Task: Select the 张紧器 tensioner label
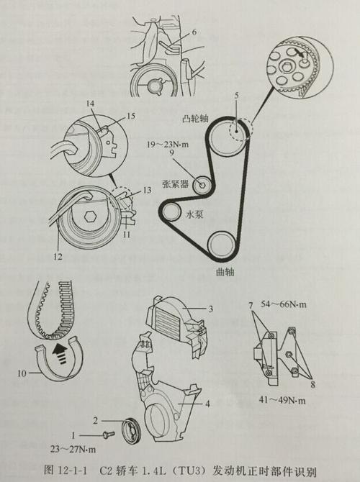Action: point(176,184)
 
